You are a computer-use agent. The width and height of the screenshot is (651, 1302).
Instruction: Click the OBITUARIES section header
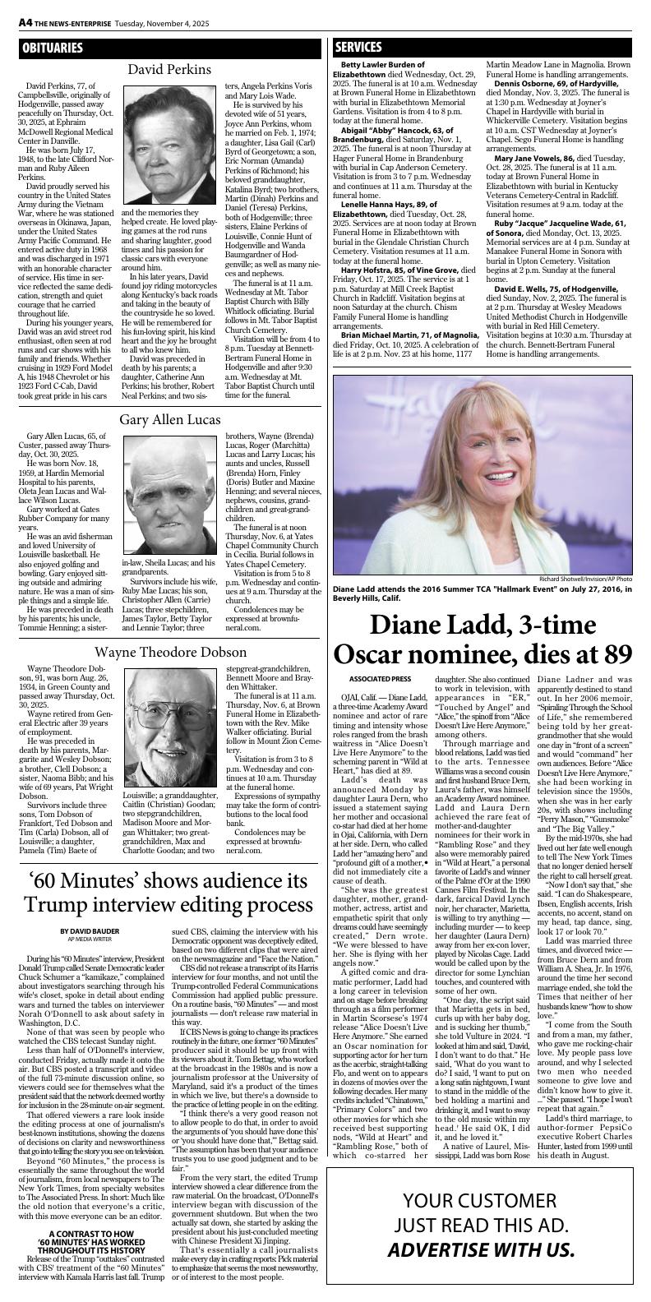pos(53,48)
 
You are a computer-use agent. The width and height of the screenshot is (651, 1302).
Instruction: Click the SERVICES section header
pos(358,48)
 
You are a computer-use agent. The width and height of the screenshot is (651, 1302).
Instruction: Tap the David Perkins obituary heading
pos(169,70)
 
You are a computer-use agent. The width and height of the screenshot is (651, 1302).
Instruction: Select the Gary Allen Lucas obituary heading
pos(169,420)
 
